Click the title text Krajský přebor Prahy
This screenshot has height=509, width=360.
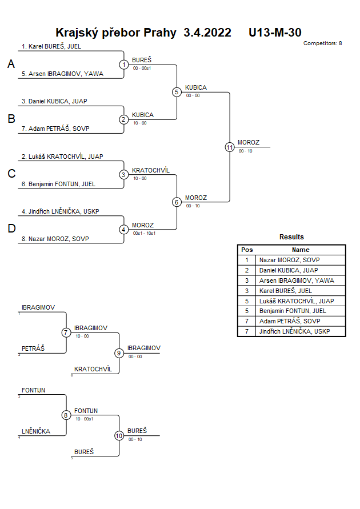[x=116, y=33]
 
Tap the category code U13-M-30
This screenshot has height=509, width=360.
[x=275, y=33]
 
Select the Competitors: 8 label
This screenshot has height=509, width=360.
[x=323, y=43]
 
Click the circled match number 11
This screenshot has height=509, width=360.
[x=230, y=147]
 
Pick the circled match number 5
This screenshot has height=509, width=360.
[x=177, y=91]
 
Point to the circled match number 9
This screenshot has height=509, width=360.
[x=119, y=353]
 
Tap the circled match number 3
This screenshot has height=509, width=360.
[x=124, y=174]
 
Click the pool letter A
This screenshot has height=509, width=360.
[x=11, y=65]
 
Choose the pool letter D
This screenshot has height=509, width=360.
[x=11, y=229]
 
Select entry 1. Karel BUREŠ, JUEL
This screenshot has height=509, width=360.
[x=51, y=46]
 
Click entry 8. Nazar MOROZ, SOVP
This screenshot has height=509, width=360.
[x=55, y=239]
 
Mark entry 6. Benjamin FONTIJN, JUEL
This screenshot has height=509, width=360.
[x=58, y=184]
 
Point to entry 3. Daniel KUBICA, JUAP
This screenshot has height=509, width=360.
[x=54, y=101]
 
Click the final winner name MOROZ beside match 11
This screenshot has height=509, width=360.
[x=249, y=142]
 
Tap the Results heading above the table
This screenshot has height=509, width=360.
[x=291, y=237]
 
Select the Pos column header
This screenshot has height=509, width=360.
[x=247, y=250]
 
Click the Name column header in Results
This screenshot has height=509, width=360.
[x=301, y=250]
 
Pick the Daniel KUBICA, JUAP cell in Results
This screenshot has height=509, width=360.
[x=289, y=270]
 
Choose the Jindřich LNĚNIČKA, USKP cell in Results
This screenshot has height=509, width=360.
[x=294, y=331]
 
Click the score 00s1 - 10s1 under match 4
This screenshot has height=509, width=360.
[x=143, y=233]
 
